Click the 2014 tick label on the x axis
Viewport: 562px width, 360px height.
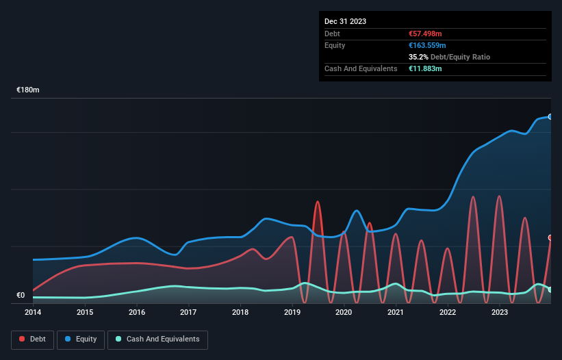point(33,312)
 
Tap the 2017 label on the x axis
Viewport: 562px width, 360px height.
point(188,312)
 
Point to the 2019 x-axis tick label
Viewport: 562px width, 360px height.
point(292,312)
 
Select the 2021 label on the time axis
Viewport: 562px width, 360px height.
point(396,312)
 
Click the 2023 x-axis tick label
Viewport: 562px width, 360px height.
point(500,312)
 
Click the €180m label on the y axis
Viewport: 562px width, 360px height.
point(28,90)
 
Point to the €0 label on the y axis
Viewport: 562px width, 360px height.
point(21,296)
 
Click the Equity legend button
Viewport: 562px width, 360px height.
point(81,339)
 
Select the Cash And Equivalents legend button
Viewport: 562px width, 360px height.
point(157,339)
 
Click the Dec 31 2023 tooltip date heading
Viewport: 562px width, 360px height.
point(345,21)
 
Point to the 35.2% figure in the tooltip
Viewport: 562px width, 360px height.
point(418,57)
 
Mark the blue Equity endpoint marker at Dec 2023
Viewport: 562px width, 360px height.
point(550,117)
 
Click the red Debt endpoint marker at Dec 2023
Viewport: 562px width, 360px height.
point(550,237)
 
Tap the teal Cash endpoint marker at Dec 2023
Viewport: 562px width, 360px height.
point(550,290)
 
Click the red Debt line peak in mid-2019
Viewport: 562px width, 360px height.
point(317,202)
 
